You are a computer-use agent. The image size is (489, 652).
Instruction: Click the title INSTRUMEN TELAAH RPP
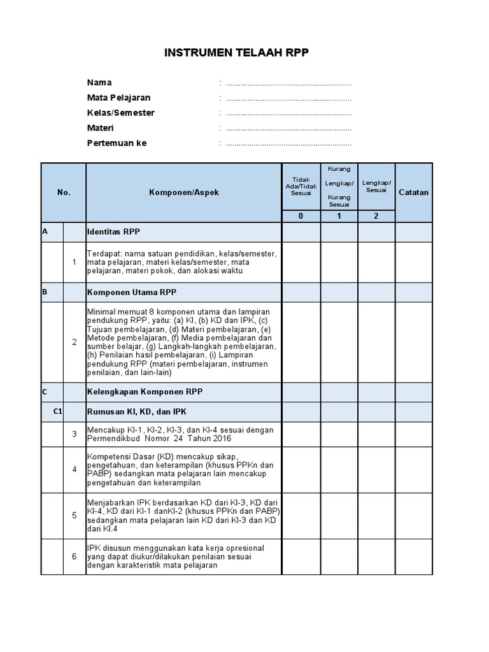(x=236, y=53)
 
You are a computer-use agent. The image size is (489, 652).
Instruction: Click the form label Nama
(x=99, y=83)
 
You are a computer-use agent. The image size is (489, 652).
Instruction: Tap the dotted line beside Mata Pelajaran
(x=288, y=99)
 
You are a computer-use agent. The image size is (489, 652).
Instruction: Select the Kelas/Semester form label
(x=120, y=113)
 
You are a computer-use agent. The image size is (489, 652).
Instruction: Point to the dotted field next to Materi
(x=288, y=129)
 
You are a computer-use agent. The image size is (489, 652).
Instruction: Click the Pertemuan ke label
(x=117, y=143)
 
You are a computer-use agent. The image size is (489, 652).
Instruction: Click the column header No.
(x=64, y=192)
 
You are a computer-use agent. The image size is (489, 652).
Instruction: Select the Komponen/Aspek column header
(x=184, y=192)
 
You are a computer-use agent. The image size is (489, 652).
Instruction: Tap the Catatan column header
(x=414, y=192)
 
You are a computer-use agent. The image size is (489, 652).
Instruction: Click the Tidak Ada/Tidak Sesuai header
(x=301, y=186)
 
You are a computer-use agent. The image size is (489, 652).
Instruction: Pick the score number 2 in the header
(x=376, y=216)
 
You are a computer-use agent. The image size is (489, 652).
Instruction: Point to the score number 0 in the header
(x=301, y=216)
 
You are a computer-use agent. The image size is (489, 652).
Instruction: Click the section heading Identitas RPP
(x=113, y=232)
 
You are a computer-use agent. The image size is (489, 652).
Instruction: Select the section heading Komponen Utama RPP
(x=131, y=292)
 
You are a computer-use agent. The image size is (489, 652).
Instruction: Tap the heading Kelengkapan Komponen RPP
(x=145, y=392)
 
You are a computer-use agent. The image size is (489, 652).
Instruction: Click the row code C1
(x=58, y=412)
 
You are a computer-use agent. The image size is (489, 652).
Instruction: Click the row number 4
(x=74, y=470)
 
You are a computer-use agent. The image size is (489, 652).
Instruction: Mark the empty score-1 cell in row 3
(x=339, y=434)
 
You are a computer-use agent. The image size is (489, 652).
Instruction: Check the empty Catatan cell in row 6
(x=414, y=556)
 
